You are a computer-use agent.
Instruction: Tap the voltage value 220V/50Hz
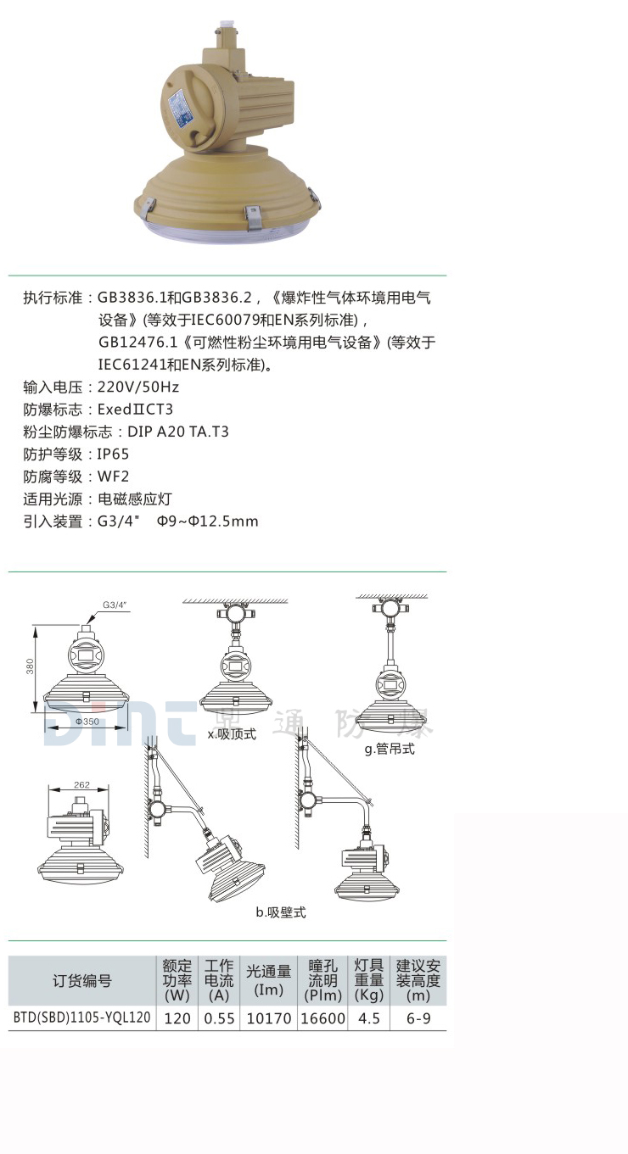tap(138, 387)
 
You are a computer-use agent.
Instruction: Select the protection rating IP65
tap(114, 454)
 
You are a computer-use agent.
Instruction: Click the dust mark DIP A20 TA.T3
tap(178, 432)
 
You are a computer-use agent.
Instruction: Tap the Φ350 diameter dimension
tap(87, 721)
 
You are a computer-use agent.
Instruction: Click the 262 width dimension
tap(81, 785)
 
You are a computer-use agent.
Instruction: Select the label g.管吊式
tap(390, 750)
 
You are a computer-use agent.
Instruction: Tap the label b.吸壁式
tap(281, 912)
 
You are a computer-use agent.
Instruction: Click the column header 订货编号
tap(82, 981)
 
